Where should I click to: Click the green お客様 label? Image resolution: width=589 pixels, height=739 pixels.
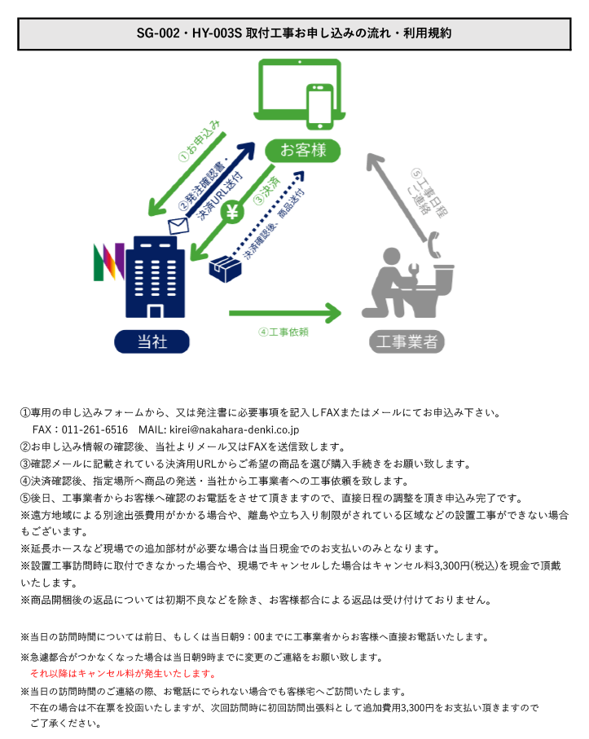pyautogui.click(x=302, y=151)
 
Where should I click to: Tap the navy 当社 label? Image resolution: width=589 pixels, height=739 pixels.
pyautogui.click(x=152, y=341)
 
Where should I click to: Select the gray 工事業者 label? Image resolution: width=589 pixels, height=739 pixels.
pyautogui.click(x=407, y=341)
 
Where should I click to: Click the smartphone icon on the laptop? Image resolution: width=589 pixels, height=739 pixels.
pyautogui.click(x=320, y=107)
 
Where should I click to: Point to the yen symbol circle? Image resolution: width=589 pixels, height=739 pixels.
pyautogui.click(x=232, y=212)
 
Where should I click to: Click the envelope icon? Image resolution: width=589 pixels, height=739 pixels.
pyautogui.click(x=178, y=226)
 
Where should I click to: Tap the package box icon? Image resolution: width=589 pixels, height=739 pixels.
pyautogui.click(x=225, y=269)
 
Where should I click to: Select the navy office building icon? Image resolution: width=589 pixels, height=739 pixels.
pyautogui.click(x=155, y=277)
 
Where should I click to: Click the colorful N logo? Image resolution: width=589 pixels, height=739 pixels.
pyautogui.click(x=109, y=262)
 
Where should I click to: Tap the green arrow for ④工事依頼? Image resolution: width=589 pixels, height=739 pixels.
pyautogui.click(x=284, y=314)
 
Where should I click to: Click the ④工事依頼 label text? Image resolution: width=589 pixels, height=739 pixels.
pyautogui.click(x=284, y=332)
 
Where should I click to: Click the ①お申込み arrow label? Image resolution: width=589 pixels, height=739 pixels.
pyautogui.click(x=200, y=141)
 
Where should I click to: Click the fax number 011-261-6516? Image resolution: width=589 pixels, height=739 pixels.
pyautogui.click(x=95, y=430)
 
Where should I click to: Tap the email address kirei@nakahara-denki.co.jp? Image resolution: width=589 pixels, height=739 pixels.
pyautogui.click(x=234, y=430)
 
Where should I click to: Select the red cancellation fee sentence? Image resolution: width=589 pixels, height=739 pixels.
pyautogui.click(x=123, y=674)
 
